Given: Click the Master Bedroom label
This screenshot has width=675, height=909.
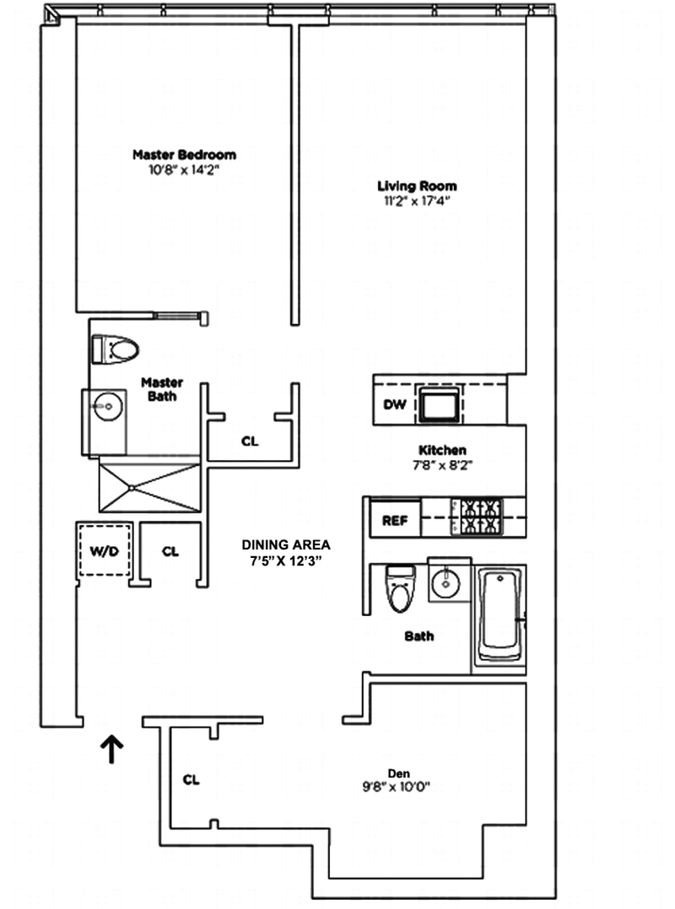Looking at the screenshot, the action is coord(184,154).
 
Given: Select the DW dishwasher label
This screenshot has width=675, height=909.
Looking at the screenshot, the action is coord(395,405).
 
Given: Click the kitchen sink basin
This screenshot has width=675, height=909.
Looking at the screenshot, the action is coord(441,406).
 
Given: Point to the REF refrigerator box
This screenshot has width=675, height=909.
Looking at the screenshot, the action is coord(395,521).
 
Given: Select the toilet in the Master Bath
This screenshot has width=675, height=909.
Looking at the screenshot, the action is coord(116,349).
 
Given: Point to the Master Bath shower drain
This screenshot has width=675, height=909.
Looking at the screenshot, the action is coord(133,487).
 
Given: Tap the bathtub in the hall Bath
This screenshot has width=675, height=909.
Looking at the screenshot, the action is coord(499,616).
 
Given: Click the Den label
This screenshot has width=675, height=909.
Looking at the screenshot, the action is coord(398,773).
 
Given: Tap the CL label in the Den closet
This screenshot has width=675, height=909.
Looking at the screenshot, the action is coord(192,780).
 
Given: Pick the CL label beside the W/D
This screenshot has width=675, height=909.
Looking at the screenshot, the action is coord(170,551).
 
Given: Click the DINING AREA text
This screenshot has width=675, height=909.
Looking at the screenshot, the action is coord(286,544).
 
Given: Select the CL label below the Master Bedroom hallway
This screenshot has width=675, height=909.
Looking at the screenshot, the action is coord(251,441).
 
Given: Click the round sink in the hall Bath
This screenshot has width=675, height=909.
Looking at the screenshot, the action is coord(443,582).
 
